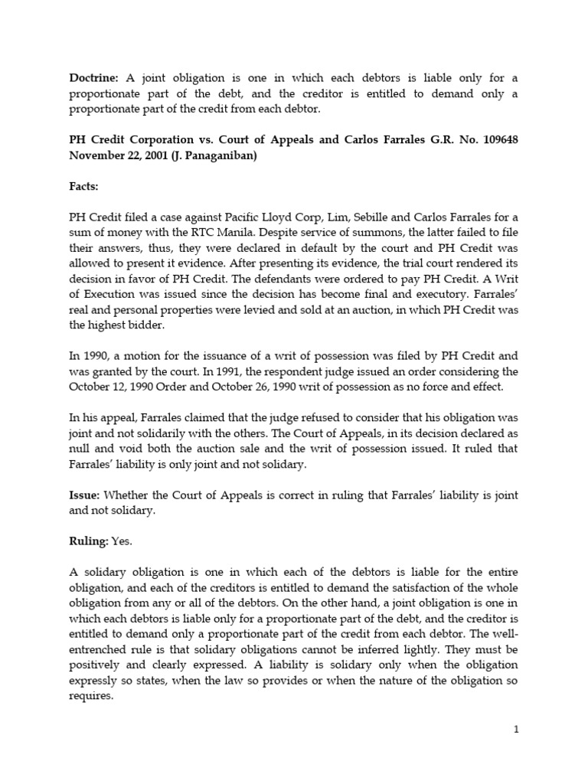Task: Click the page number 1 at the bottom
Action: pos(516,730)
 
